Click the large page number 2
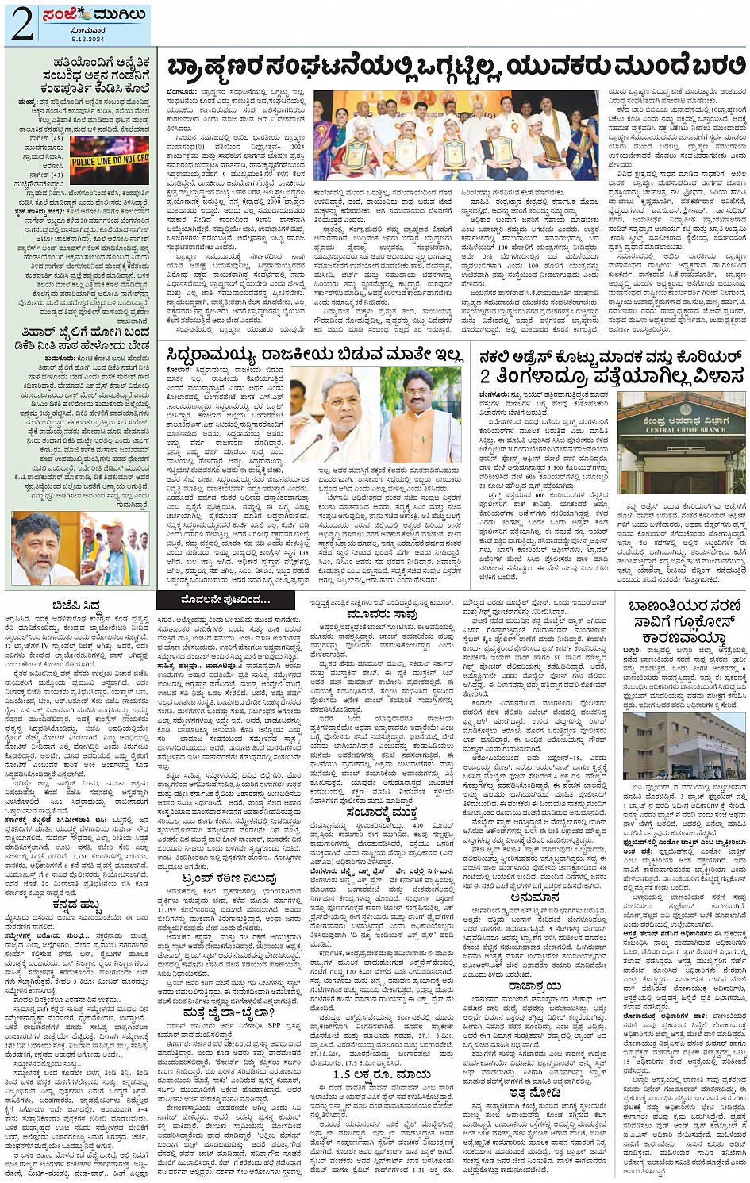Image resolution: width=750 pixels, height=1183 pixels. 22,24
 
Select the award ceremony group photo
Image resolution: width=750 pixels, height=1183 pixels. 456,136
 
